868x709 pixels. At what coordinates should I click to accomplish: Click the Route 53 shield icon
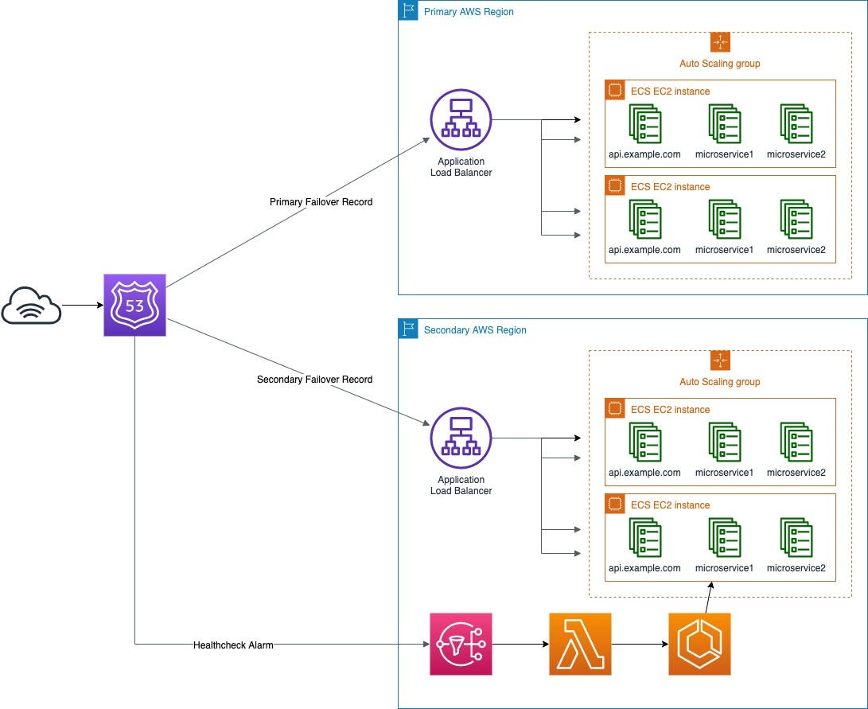(x=134, y=305)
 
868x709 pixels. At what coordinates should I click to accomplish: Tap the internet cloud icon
(x=31, y=306)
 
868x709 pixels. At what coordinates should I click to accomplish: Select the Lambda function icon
(x=580, y=644)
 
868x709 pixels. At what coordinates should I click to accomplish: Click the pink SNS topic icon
(x=461, y=644)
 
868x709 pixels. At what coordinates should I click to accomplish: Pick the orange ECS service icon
(x=699, y=644)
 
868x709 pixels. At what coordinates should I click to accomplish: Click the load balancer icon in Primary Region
(x=461, y=120)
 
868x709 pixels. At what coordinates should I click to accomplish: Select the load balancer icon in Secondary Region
(x=461, y=438)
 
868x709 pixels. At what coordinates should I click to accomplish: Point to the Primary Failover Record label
(x=321, y=202)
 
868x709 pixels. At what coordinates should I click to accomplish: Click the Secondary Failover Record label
(x=314, y=380)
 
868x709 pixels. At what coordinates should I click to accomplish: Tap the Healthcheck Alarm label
(x=233, y=645)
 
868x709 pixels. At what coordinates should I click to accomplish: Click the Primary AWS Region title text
(x=469, y=12)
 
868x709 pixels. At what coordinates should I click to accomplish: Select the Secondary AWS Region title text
(x=475, y=330)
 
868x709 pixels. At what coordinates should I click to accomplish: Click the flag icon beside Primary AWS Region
(x=408, y=11)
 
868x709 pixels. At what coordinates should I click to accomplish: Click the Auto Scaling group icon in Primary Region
(x=720, y=42)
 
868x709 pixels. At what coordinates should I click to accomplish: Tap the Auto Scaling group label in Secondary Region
(x=719, y=382)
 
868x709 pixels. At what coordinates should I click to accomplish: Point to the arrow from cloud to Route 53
(x=82, y=305)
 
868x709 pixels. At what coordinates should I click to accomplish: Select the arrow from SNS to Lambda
(x=520, y=644)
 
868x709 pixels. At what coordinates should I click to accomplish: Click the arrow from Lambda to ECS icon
(x=640, y=644)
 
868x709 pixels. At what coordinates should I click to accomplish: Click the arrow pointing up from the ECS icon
(x=708, y=597)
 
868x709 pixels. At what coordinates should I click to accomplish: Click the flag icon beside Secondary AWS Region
(x=408, y=329)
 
